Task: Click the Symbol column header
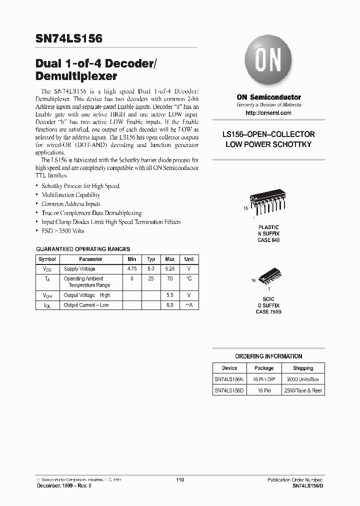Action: pos(47,259)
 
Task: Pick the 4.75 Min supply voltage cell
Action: pos(132,269)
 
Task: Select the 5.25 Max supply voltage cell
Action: pos(170,269)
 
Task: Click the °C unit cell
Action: pos(189,279)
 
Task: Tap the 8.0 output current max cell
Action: pos(170,305)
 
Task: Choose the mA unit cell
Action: pos(189,305)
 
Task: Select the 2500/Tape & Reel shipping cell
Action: pos(303,390)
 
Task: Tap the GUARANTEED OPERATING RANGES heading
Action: pos(83,248)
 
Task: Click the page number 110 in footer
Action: pos(180,480)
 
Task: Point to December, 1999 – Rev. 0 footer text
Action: pos(63,486)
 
